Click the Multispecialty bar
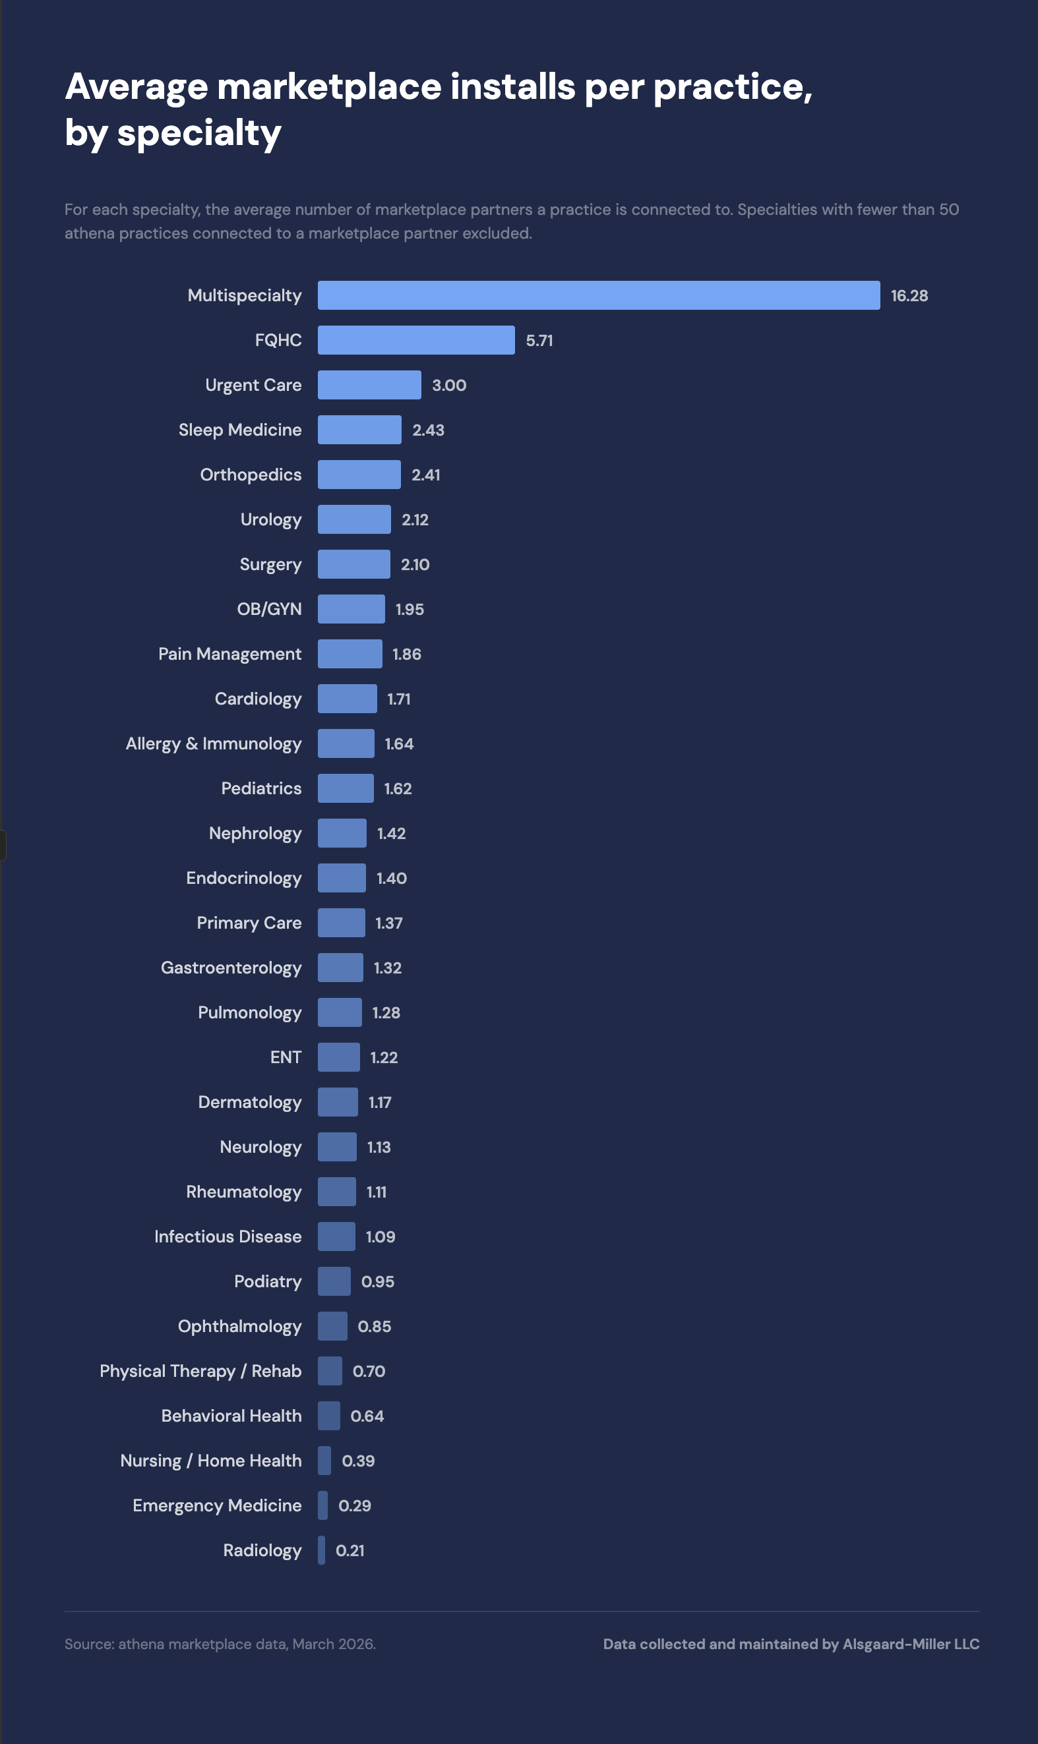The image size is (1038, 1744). click(599, 295)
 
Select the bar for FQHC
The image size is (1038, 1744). click(416, 339)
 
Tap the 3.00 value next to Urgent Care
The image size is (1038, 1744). click(449, 385)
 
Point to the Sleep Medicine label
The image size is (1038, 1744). click(240, 430)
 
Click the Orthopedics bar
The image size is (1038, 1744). click(359, 475)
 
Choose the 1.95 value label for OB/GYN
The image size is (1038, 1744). click(410, 610)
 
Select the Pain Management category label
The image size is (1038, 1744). click(229, 654)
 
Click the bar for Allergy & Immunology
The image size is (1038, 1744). click(346, 743)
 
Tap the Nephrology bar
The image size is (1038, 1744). click(342, 833)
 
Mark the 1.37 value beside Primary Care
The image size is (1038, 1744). click(389, 923)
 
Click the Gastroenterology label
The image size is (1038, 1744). click(231, 968)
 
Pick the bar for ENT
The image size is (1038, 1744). click(338, 1057)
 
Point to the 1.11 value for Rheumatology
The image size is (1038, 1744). click(377, 1192)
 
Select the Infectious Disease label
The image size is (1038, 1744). click(228, 1236)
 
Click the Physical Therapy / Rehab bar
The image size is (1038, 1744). click(330, 1371)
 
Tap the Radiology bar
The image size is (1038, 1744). click(321, 1550)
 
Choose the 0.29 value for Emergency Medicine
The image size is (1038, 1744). click(355, 1505)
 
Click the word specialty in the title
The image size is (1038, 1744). click(198, 132)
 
